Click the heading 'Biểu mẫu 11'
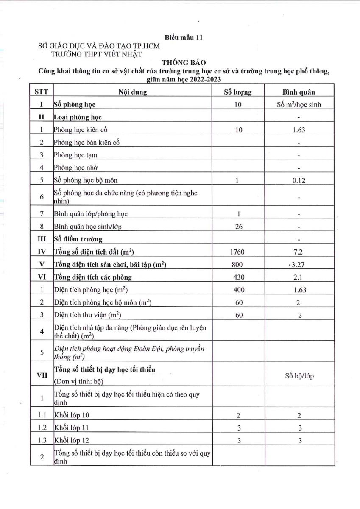tap(184, 37)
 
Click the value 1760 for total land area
tap(238, 252)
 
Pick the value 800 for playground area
tap(238, 265)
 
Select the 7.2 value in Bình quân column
tap(299, 252)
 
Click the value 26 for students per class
tap(239, 227)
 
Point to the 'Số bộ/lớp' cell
tap(299, 376)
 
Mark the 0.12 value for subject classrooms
tap(299, 180)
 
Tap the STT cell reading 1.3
tap(42, 440)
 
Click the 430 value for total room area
tap(238, 277)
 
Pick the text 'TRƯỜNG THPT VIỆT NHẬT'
tap(96, 54)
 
